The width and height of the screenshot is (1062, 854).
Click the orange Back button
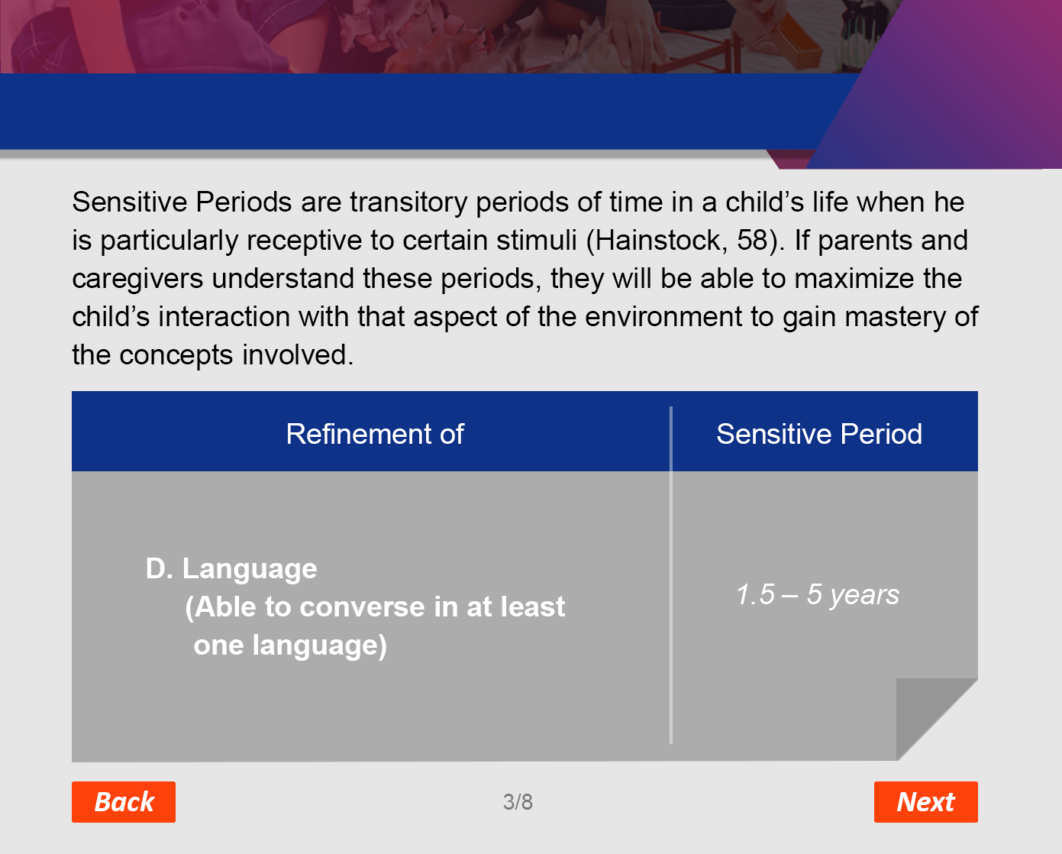pos(124,801)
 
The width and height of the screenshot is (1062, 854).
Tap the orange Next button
pos(926,801)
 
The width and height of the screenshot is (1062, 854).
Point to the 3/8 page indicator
pos(518,801)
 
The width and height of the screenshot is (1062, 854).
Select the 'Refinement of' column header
pos(375,434)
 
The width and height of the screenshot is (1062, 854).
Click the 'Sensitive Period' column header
pos(819,434)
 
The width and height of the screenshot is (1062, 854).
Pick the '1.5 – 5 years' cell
pos(818,594)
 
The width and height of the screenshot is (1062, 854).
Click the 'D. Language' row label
pos(231,568)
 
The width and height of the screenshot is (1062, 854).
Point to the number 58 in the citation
pos(752,241)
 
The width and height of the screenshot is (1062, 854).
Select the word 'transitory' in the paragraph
pos(408,202)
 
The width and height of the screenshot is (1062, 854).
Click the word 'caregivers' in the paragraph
pos(137,280)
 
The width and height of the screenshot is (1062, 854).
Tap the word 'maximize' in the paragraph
pos(854,279)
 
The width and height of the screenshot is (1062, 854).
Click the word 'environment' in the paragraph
pos(663,317)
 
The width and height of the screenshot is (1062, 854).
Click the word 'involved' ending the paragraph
pos(298,355)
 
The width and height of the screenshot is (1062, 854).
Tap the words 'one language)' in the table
pos(290,645)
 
